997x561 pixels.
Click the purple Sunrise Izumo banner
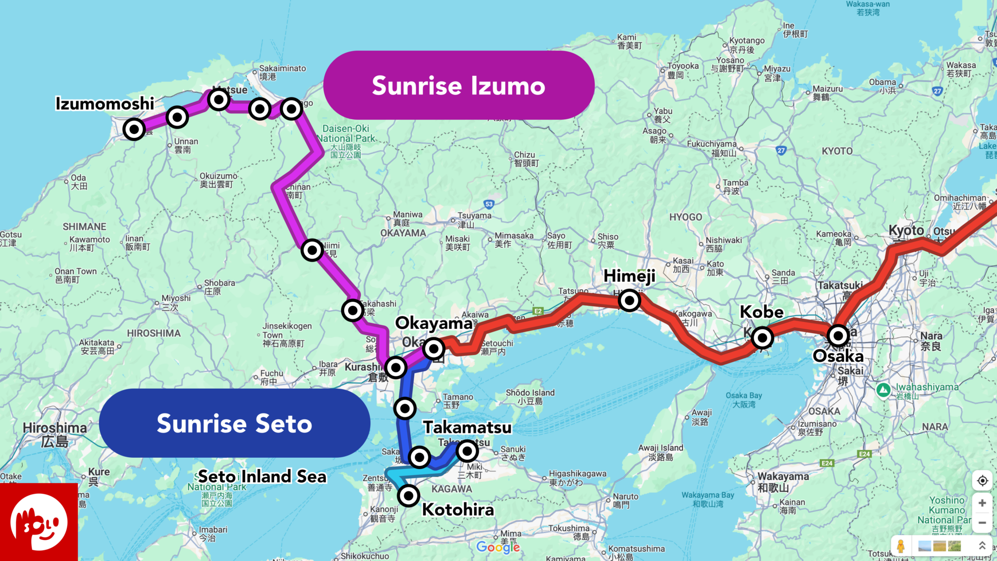[459, 86]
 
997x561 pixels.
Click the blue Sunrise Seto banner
[234, 423]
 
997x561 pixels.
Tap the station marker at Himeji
[629, 300]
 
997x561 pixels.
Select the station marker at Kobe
[762, 337]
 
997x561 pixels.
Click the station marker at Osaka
[838, 336]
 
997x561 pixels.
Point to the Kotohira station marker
[408, 496]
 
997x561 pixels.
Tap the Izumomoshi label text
[105, 104]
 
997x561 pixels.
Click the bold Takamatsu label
[467, 428]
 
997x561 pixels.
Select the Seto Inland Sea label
[262, 476]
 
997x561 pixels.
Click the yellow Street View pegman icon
[901, 546]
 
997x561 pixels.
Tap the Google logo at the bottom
[498, 547]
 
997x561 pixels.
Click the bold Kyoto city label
[906, 230]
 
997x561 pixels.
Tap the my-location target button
[982, 481]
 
